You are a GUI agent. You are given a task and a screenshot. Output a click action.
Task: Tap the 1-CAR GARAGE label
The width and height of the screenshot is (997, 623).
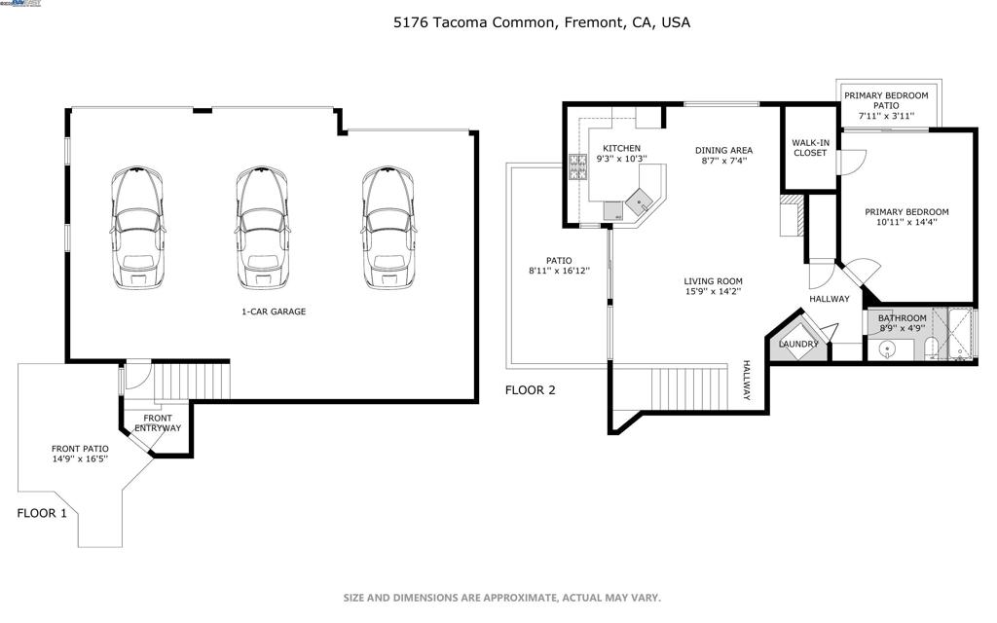(x=274, y=311)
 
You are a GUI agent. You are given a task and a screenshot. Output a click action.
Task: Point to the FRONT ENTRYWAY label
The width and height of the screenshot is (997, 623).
(x=157, y=423)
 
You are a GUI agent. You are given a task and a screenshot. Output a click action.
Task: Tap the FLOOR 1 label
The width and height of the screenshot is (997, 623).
(x=42, y=513)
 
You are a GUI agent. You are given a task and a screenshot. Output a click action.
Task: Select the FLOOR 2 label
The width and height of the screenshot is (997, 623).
(x=530, y=391)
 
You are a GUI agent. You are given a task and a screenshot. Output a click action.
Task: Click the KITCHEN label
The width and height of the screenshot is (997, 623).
(x=621, y=148)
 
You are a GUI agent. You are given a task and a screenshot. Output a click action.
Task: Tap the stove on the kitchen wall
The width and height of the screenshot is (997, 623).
(x=578, y=171)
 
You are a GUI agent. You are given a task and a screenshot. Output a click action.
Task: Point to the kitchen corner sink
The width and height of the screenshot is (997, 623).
(x=640, y=201)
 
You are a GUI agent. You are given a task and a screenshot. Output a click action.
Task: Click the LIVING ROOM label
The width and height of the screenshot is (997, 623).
(x=713, y=281)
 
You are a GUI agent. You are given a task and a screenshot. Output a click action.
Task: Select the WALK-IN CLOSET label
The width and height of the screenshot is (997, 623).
(x=810, y=148)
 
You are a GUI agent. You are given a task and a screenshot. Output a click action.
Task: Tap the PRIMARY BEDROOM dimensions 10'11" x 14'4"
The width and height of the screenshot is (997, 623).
(x=907, y=223)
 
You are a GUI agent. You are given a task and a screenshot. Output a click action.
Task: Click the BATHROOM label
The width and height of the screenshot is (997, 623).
(x=903, y=318)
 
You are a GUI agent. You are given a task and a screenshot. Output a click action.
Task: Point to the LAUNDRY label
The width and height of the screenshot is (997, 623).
(x=798, y=344)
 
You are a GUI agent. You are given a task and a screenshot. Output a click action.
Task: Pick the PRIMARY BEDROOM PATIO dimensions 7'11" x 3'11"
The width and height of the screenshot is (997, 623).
(x=886, y=116)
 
